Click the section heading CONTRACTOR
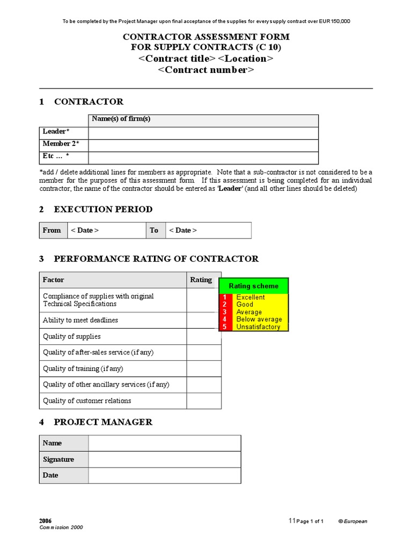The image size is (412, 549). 89,101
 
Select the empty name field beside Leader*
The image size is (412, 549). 203,133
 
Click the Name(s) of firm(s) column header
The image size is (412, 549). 121,119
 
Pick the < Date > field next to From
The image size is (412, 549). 106,230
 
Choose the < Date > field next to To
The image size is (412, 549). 208,230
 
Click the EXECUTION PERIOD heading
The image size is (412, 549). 103,209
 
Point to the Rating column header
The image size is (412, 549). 201,279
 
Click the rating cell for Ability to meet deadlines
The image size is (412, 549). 203,320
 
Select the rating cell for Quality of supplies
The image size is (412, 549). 203,336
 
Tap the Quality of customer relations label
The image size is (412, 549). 87,400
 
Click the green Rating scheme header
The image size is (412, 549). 254,286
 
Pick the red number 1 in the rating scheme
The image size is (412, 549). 225,297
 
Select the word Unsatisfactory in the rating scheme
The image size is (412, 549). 258,327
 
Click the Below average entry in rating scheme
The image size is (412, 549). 259,319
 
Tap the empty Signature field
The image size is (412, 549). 165,459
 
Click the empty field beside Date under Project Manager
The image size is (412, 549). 165,475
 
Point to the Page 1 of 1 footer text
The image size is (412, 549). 310,521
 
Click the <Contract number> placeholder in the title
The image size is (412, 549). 206,70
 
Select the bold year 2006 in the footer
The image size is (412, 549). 46,521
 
